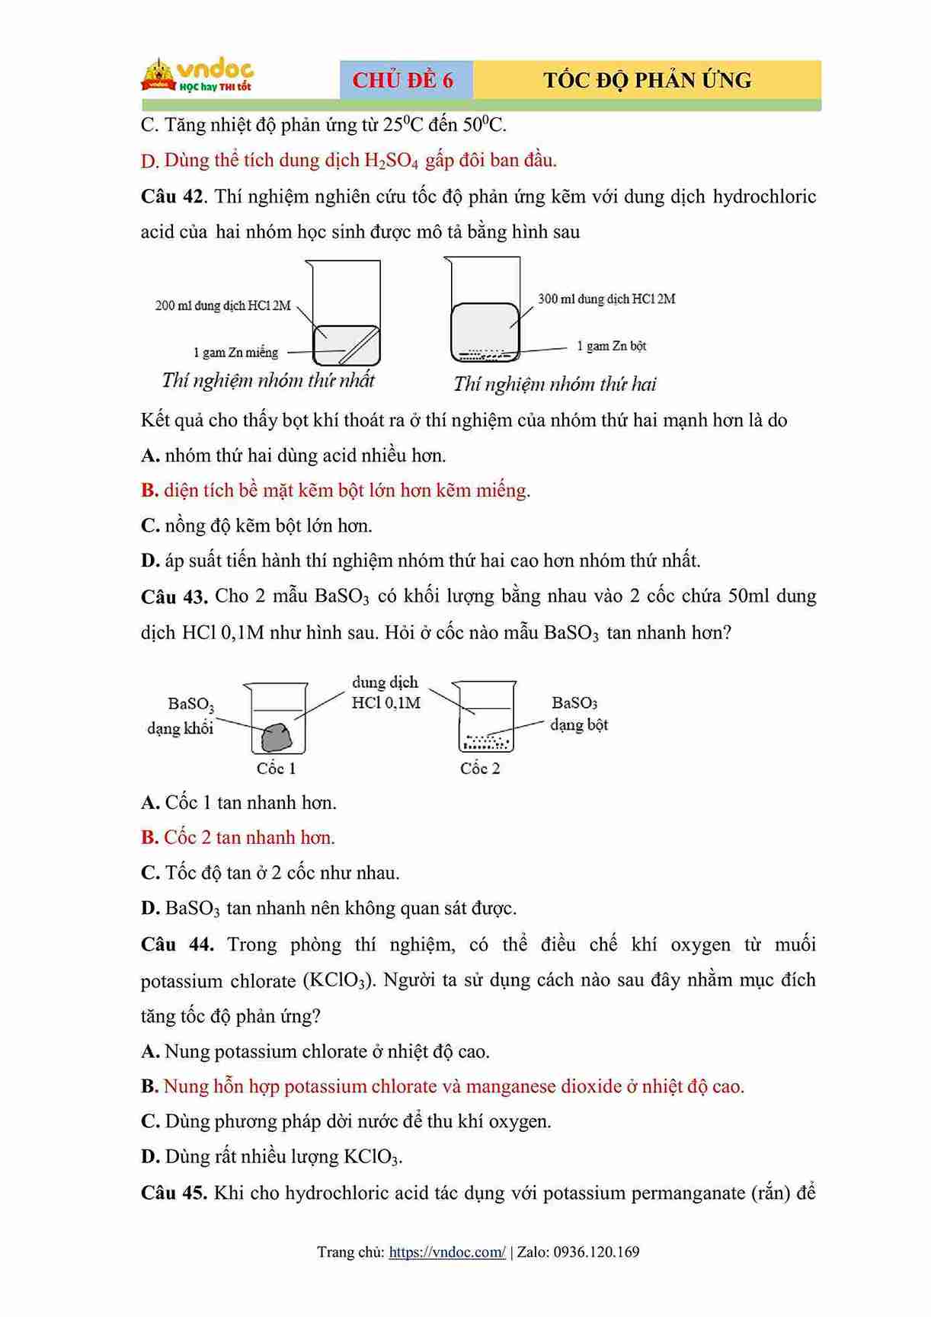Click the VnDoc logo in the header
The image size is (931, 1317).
(x=197, y=76)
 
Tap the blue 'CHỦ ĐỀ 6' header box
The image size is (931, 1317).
(x=404, y=80)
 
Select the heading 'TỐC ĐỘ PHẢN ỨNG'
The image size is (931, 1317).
(x=647, y=80)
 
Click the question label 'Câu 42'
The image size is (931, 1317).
(x=171, y=197)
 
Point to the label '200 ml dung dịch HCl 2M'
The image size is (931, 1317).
(x=222, y=305)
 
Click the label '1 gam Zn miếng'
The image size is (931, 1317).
(x=235, y=352)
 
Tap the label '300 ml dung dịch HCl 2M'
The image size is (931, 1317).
(x=606, y=299)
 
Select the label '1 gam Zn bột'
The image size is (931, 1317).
(x=611, y=346)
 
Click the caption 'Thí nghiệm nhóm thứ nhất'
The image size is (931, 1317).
(x=268, y=380)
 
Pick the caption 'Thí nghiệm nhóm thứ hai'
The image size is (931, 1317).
(x=555, y=384)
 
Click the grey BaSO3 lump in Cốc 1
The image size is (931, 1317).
(x=276, y=737)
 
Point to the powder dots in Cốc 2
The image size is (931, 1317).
(x=485, y=740)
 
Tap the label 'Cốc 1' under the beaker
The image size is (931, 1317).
(x=276, y=768)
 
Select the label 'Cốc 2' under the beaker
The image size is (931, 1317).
(x=480, y=768)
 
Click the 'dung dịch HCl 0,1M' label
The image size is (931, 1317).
(x=386, y=692)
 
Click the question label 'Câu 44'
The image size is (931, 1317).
(x=176, y=945)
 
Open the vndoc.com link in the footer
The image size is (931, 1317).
(x=446, y=1251)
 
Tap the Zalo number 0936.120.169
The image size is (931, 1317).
(x=597, y=1251)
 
